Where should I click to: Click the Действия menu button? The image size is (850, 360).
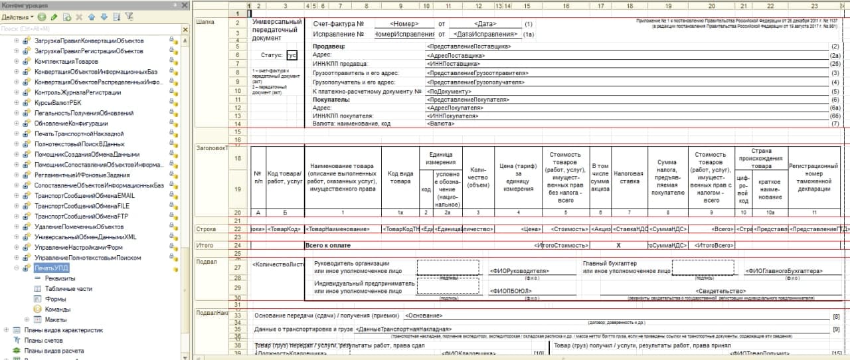(17, 16)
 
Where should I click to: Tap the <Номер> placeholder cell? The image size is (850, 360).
(404, 24)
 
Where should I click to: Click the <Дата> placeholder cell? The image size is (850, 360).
(484, 24)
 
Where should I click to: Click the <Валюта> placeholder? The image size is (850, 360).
(442, 124)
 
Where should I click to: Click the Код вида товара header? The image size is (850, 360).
(400, 175)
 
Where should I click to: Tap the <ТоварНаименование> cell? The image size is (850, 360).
(339, 229)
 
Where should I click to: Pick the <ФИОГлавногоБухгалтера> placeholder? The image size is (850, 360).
(784, 271)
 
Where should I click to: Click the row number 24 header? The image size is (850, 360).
(237, 246)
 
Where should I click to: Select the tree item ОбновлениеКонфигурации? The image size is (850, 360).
(71, 124)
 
